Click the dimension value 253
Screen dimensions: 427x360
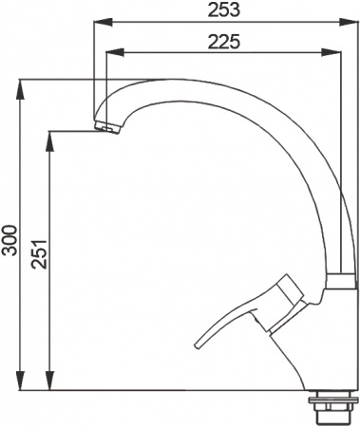click(220, 9)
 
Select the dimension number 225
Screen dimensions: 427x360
click(220, 41)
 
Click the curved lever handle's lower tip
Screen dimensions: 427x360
click(200, 344)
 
